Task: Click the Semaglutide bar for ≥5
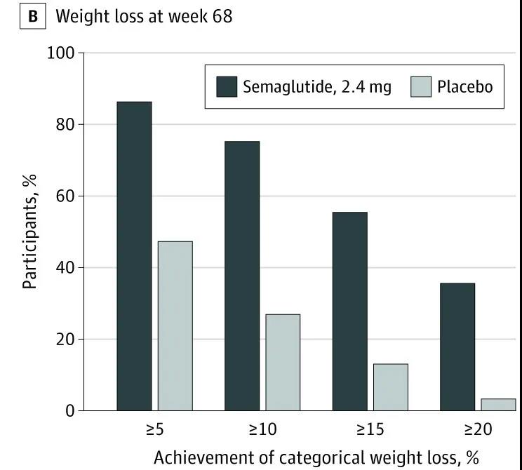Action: [134, 256]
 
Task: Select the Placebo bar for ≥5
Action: [175, 325]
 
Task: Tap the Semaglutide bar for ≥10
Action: [242, 276]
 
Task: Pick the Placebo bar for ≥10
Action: [283, 362]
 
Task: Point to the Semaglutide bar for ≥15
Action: [349, 311]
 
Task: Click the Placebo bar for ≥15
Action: [390, 387]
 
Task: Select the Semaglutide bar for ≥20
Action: [457, 347]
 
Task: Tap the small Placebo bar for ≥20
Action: [498, 404]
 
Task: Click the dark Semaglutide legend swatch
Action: [227, 87]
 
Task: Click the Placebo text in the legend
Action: [465, 88]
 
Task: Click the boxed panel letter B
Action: [32, 15]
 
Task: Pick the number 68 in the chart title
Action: [220, 15]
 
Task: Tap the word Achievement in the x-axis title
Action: [198, 457]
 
